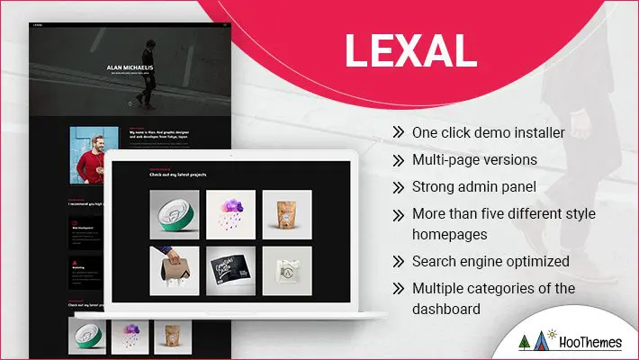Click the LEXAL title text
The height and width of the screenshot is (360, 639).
pyautogui.click(x=409, y=51)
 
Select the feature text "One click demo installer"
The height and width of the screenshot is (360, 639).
pyautogui.click(x=488, y=132)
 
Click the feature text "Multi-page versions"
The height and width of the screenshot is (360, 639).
pyautogui.click(x=474, y=159)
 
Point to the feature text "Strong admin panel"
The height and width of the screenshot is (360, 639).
pyautogui.click(x=473, y=186)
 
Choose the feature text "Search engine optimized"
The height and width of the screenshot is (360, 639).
pyautogui.click(x=490, y=261)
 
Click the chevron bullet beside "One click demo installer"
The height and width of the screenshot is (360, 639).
pyautogui.click(x=398, y=132)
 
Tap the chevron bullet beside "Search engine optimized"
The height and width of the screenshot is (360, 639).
pyautogui.click(x=398, y=261)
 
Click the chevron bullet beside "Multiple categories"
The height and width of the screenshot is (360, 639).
pyautogui.click(x=398, y=288)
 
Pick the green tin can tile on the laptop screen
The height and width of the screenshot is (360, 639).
pyautogui.click(x=175, y=214)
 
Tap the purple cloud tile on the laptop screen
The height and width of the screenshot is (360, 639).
pyautogui.click(x=231, y=214)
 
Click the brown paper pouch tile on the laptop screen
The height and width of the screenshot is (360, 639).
pyautogui.click(x=287, y=214)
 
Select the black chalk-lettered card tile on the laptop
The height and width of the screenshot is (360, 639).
pyautogui.click(x=231, y=270)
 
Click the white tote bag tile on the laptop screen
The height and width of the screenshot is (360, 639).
pyautogui.click(x=287, y=270)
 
